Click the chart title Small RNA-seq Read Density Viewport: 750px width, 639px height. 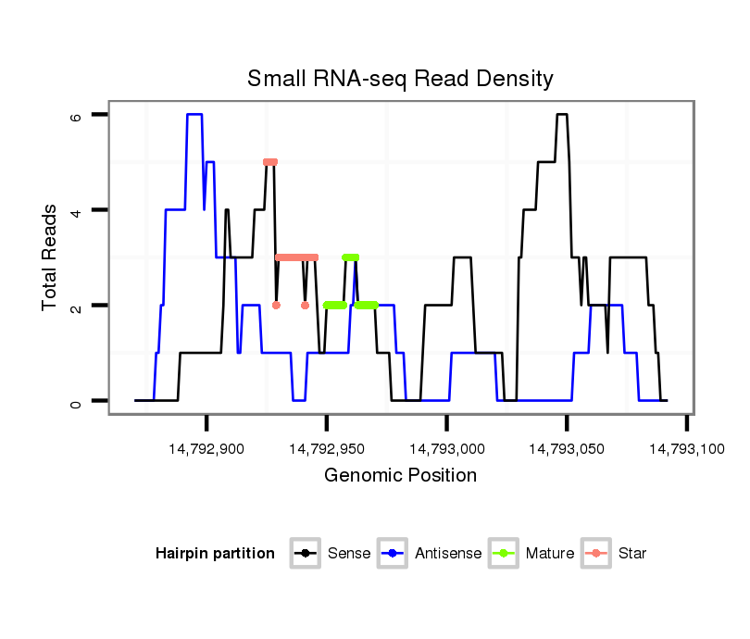pos(400,79)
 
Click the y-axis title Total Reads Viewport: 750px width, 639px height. pos(50,257)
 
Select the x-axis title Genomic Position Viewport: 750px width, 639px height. pos(400,476)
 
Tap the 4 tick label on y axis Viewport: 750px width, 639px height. pos(76,210)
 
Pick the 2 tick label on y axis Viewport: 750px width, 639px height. pos(76,306)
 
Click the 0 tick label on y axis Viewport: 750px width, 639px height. pos(76,401)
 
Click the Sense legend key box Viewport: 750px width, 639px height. pos(305,554)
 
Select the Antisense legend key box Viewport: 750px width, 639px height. pos(394,554)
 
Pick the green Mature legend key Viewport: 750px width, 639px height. pos(505,554)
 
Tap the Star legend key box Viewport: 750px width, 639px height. pos(595,554)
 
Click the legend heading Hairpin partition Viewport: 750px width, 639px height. pos(215,554)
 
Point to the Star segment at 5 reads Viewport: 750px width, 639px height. pos(269,162)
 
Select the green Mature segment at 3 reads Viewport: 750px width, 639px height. pos(350,257)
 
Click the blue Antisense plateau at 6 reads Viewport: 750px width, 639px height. pos(194,115)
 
